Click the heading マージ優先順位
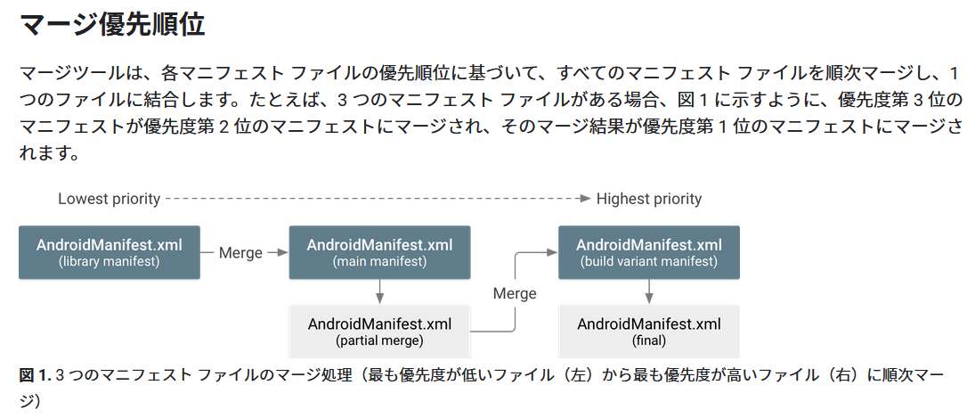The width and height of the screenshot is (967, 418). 112,24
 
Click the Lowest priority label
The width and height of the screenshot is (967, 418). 109,199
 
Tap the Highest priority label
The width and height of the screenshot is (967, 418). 648,199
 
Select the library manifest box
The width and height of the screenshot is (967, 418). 109,252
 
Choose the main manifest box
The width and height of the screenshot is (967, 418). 379,252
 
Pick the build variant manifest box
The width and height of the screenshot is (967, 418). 648,252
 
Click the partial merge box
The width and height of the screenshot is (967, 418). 379,331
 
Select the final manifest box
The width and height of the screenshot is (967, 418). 648,331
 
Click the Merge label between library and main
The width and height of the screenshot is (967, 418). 240,253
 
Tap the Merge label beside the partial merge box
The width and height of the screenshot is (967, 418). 515,293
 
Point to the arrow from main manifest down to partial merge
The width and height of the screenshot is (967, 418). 380,291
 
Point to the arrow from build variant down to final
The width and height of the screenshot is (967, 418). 649,291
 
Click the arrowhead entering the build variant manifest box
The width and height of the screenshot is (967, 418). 552,253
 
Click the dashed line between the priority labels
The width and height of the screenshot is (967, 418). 374,199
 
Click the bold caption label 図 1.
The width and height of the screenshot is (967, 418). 35,375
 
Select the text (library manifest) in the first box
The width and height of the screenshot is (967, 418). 109,262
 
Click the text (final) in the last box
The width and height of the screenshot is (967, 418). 648,340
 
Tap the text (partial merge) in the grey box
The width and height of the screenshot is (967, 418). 379,340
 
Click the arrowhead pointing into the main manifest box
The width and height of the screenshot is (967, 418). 283,253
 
